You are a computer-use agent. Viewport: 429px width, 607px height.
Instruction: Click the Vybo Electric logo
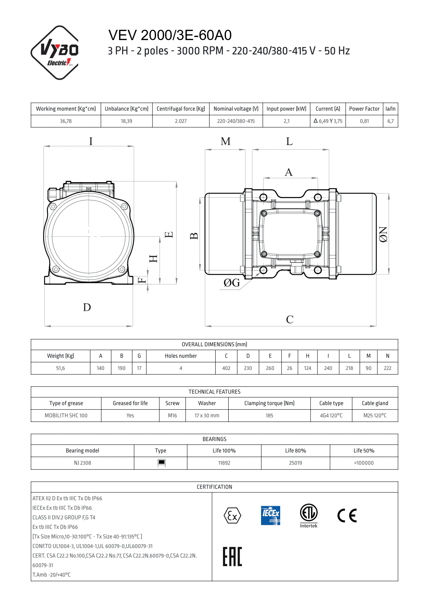55,52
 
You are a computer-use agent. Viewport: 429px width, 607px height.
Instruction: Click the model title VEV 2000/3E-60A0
170,35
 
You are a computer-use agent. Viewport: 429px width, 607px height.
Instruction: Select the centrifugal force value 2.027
181,121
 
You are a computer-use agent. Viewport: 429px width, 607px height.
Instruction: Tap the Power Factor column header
364,109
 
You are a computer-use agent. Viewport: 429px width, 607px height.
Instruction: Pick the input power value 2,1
286,121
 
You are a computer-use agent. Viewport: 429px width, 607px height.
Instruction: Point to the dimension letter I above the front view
91,141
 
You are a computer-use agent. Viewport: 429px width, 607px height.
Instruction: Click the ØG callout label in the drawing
232,283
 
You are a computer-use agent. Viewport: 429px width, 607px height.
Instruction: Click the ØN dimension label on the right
383,234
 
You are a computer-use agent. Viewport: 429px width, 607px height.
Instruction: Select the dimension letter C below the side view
290,319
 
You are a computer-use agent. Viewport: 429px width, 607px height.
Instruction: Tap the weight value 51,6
60,368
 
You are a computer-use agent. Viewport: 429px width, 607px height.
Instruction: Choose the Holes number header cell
181,356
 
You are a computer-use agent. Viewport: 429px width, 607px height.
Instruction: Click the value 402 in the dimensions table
226,368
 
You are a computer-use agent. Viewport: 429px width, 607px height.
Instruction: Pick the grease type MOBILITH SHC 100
66,415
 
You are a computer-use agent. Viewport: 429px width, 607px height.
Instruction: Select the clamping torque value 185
269,415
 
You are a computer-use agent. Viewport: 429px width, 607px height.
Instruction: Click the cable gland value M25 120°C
375,415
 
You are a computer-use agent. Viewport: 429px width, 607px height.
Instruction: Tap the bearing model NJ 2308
82,463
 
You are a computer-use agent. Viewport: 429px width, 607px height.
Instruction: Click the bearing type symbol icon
161,463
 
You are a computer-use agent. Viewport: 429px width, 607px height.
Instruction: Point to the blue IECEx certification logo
271,515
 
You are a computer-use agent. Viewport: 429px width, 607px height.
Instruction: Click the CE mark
347,515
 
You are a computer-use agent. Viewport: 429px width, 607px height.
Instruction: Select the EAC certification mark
232,556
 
